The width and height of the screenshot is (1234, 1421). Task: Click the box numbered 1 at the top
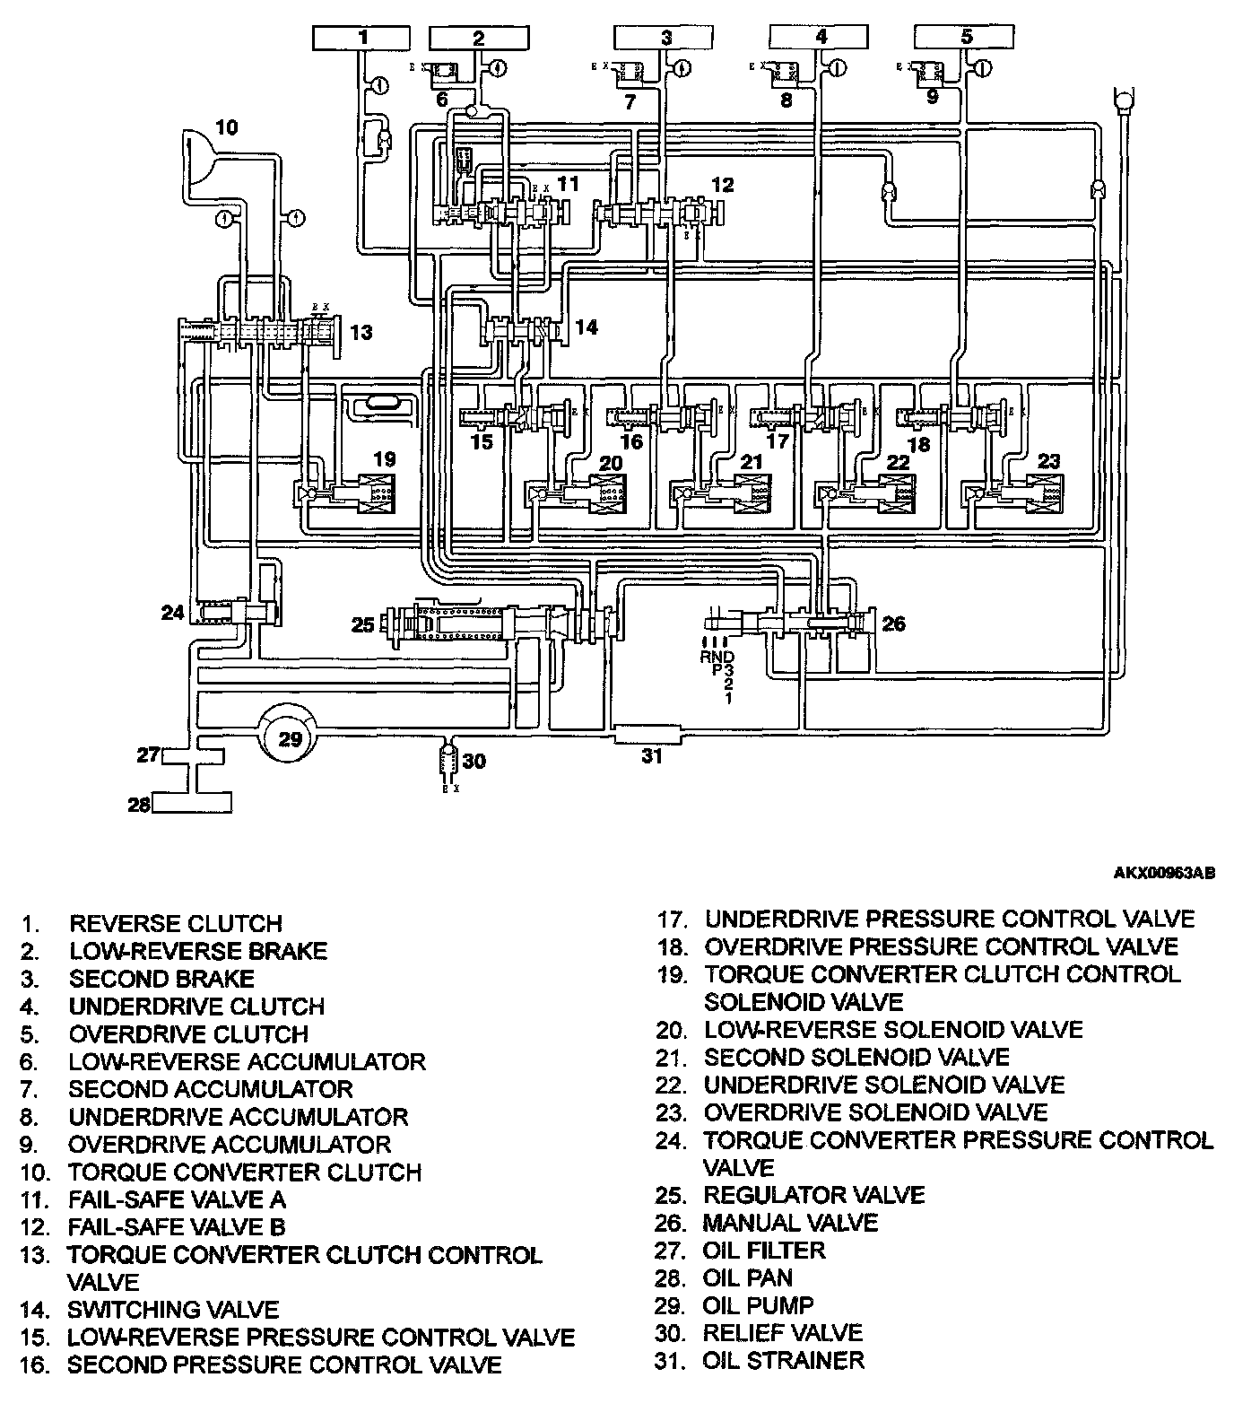(362, 38)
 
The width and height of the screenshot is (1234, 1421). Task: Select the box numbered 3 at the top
(665, 38)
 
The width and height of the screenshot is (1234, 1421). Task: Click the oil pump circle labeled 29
(290, 737)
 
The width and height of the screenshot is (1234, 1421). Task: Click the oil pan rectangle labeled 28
(191, 802)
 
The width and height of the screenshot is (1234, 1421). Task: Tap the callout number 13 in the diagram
(361, 333)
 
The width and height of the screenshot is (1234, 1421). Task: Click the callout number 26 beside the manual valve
(894, 623)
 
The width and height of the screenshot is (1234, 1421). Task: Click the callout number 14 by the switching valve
(586, 327)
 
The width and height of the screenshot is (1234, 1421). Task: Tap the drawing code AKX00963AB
(1164, 871)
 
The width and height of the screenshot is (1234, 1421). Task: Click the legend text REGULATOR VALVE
(813, 1195)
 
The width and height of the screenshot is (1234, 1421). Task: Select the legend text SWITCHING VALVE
(173, 1310)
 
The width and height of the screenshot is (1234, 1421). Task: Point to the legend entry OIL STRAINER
(783, 1360)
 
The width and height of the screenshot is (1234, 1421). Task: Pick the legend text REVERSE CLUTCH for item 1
(176, 923)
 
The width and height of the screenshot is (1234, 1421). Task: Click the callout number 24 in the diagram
(172, 613)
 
